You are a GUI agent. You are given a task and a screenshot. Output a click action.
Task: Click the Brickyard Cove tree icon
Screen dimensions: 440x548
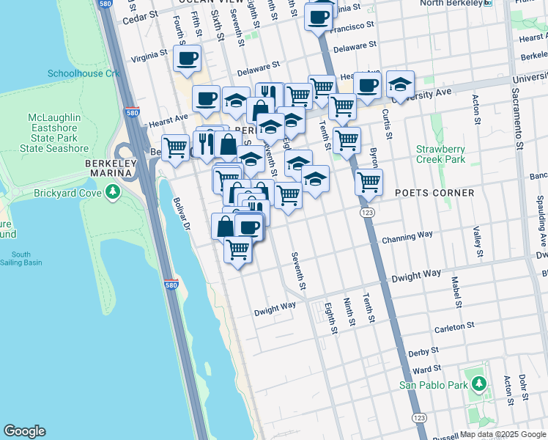coord(112,193)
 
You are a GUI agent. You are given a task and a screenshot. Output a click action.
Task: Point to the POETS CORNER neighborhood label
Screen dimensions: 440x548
coord(435,193)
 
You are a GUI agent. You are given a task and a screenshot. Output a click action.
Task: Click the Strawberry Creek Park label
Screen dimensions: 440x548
coord(440,154)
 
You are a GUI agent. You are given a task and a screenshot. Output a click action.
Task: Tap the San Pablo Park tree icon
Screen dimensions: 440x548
coord(478,384)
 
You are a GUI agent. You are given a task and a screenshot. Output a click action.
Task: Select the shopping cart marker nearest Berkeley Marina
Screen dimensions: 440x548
coord(175,147)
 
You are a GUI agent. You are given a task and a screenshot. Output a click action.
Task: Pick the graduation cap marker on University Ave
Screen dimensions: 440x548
coord(400,84)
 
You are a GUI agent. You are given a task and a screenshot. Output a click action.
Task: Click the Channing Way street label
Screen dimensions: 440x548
coord(407,238)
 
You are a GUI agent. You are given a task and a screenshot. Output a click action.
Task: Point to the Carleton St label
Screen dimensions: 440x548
coord(454,324)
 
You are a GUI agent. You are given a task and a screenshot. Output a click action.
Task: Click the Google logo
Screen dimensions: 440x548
coord(24,431)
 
